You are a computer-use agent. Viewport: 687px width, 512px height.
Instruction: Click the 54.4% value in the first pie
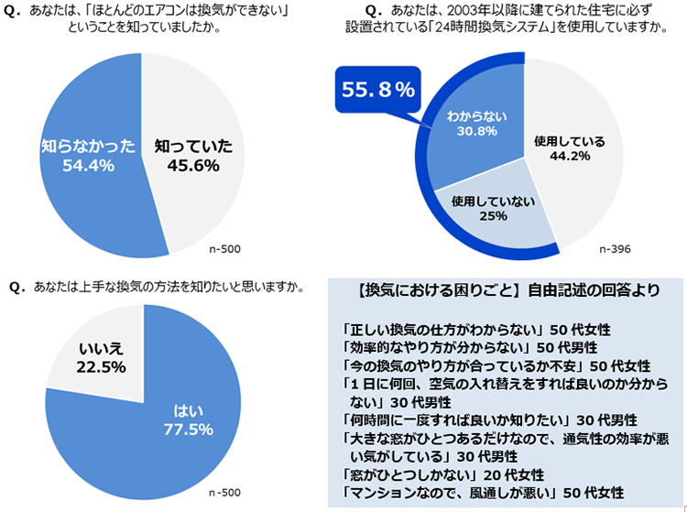click(89, 165)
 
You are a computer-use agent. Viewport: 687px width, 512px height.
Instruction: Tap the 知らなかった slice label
click(89, 145)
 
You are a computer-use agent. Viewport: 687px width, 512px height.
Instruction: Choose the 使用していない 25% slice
click(493, 207)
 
